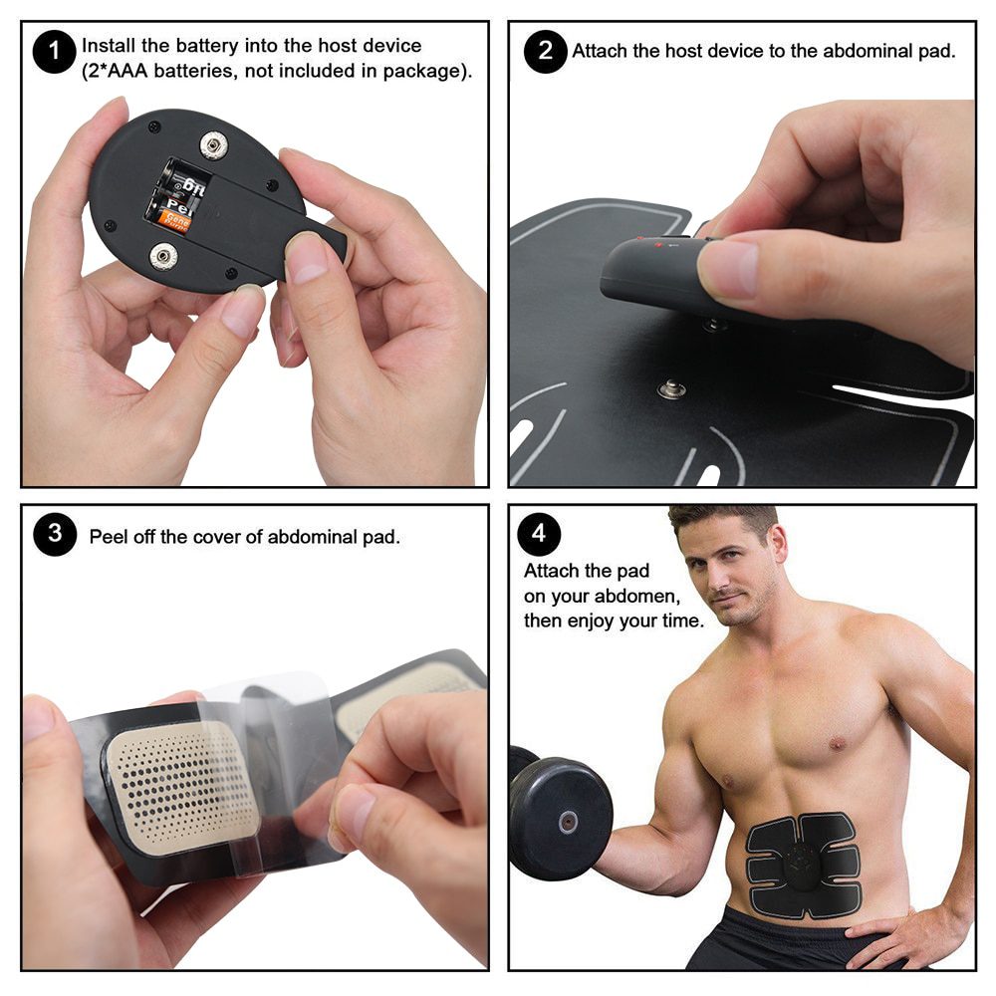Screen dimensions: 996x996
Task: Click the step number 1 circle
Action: pos(54,52)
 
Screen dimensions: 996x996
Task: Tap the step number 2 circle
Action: pos(545,51)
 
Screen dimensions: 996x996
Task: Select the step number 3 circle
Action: pos(54,534)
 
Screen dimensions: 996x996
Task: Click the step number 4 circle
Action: pos(538,534)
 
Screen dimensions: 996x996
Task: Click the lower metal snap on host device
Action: pos(164,258)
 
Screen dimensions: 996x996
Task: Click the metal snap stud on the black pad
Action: pos(671,388)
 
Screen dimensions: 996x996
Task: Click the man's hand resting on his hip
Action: pos(896,931)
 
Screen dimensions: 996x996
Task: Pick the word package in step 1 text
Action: pos(427,72)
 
